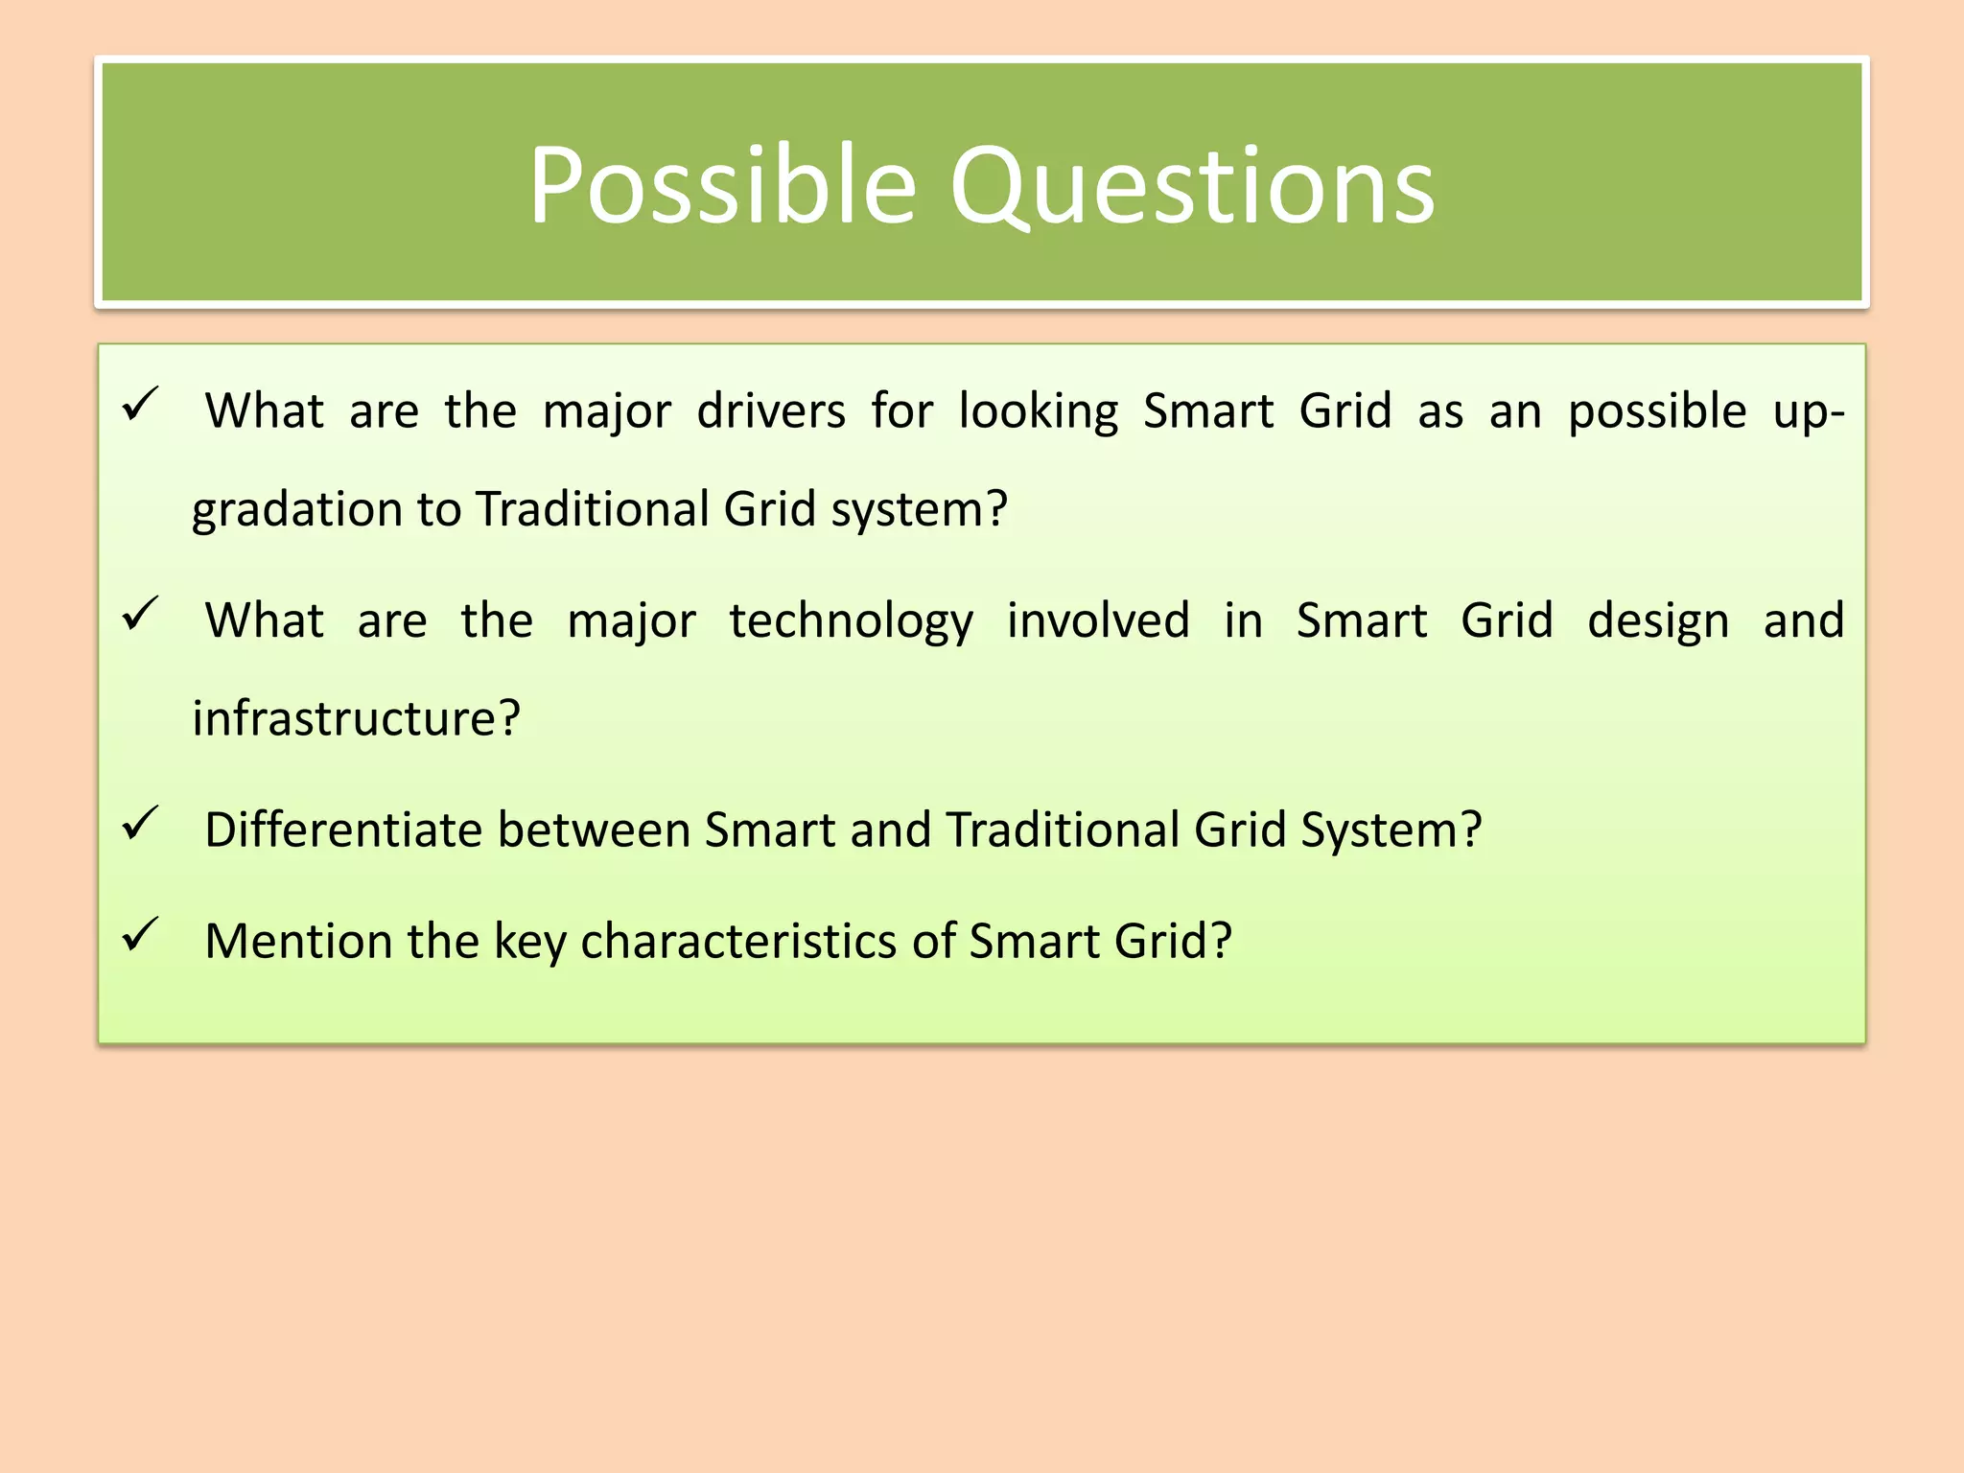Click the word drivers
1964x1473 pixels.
tap(771, 411)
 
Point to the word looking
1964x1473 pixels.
tap(1039, 413)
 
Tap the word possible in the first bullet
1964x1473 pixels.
tap(1657, 413)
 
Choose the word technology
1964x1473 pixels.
tap(851, 622)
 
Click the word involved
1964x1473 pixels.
tap(1098, 620)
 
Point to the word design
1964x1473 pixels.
tap(1658, 622)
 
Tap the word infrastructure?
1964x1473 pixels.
tap(356, 718)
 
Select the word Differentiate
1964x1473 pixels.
tap(343, 830)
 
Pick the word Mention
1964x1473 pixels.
tap(297, 941)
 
